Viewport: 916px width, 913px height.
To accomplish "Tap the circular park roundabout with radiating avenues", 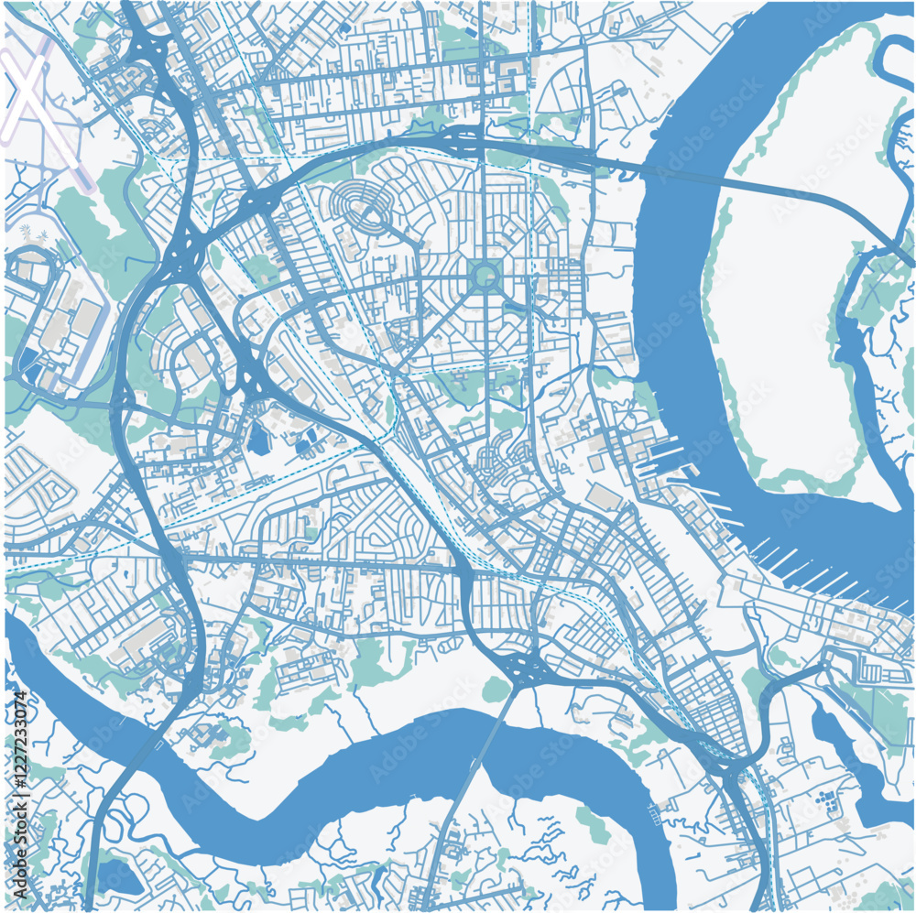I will [483, 274].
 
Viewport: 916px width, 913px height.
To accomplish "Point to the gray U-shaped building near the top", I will [508, 68].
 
